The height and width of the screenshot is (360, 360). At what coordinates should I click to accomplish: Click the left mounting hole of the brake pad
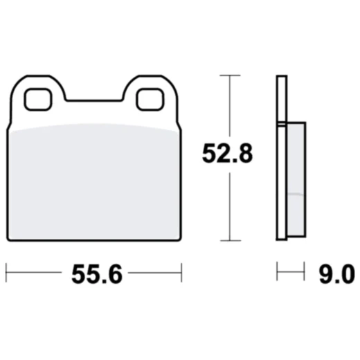tap(37, 100)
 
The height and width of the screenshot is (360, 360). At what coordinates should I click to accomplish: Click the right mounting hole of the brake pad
tap(149, 100)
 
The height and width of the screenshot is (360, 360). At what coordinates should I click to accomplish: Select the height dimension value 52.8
tap(226, 154)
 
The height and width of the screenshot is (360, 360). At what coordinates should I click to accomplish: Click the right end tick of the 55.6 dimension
tap(181, 272)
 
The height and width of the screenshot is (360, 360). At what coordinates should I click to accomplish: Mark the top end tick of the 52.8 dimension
tap(229, 75)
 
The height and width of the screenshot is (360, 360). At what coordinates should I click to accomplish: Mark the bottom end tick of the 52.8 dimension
tap(229, 240)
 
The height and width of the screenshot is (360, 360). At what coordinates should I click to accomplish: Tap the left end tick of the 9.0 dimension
tap(278, 272)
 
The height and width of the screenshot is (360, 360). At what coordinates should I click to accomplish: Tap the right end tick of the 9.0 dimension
tap(305, 272)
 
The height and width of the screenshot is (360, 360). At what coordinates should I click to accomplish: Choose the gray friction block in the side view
tap(294, 180)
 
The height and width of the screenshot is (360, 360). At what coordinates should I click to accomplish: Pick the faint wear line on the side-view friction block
tap(294, 195)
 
